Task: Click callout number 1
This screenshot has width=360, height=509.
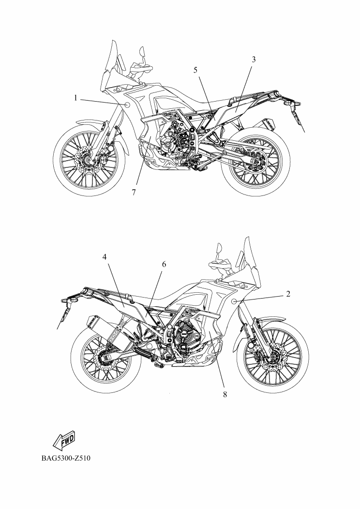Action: pos(75,98)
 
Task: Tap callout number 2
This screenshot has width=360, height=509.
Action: pos(288,294)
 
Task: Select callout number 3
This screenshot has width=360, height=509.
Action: pos(254,60)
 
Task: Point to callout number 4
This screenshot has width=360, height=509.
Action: pos(104,257)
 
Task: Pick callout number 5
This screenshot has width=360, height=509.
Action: pos(195,70)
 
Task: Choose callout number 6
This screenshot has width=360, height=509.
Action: pos(164,264)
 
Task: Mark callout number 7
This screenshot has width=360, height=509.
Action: pos(134,192)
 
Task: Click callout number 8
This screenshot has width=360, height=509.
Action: pos(225,394)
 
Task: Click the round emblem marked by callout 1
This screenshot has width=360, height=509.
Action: pos(127,105)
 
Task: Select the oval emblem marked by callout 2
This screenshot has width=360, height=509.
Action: pos(235,302)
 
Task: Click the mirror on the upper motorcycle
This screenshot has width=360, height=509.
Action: pos(142,52)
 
